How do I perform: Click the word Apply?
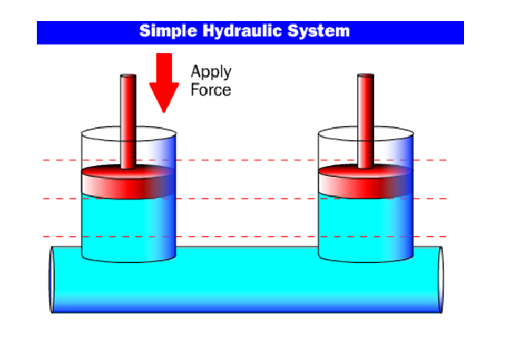(211, 73)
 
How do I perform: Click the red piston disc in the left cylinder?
(128, 182)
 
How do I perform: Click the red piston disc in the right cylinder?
(366, 182)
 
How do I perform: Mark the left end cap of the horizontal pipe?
(52, 280)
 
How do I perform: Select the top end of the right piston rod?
(366, 77)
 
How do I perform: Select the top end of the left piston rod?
(128, 77)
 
